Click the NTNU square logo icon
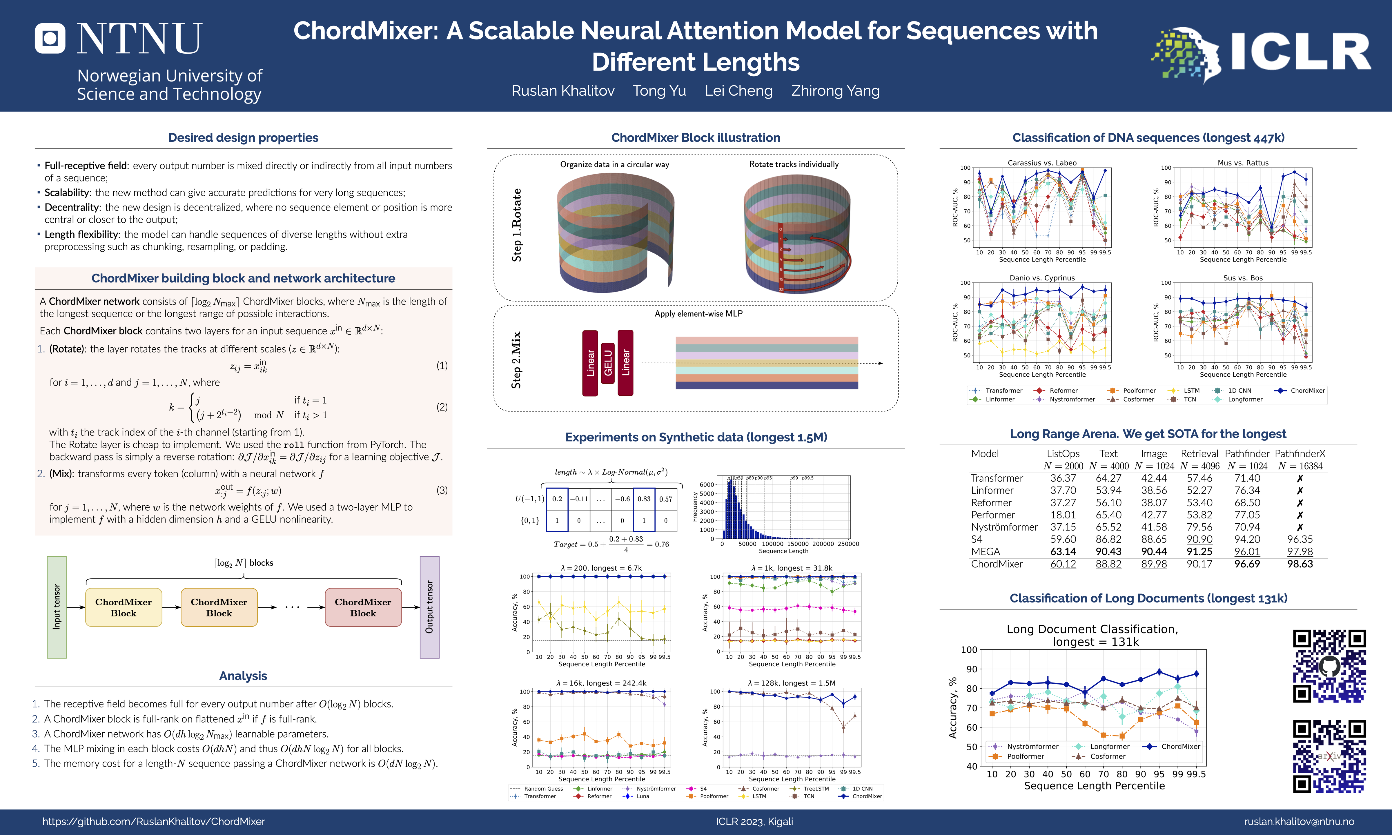[x=50, y=38]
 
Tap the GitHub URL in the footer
[x=154, y=821]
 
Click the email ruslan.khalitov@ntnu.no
[x=1299, y=821]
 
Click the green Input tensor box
[x=57, y=607]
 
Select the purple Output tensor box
[x=429, y=607]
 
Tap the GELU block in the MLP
[x=608, y=363]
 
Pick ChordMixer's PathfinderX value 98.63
[x=1300, y=564]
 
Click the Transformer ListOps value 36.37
[x=1063, y=478]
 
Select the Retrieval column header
[x=1199, y=453]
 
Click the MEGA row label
[x=986, y=551]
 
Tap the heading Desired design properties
[x=243, y=138]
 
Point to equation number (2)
[x=442, y=407]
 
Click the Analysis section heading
[x=243, y=676]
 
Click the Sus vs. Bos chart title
[x=1243, y=278]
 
